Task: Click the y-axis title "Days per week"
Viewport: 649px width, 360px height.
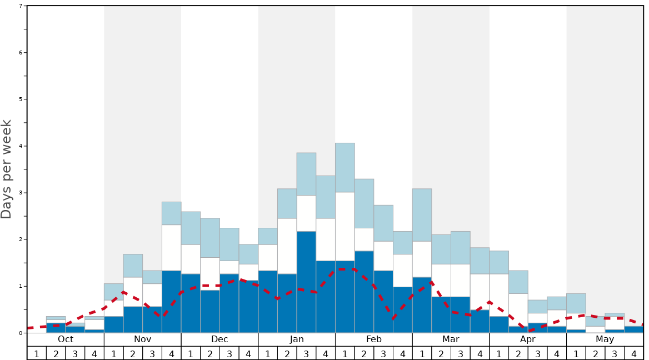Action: [x=7, y=169]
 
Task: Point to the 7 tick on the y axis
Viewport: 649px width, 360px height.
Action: [x=21, y=6]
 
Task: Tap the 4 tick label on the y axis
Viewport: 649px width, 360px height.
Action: [x=21, y=146]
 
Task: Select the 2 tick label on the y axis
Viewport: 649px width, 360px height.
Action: [x=21, y=239]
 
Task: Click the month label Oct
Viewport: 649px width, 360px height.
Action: [x=66, y=339]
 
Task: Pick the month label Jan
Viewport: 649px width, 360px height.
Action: [x=297, y=339]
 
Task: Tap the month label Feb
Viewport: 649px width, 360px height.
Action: [x=374, y=339]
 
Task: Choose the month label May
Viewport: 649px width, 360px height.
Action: [x=605, y=339]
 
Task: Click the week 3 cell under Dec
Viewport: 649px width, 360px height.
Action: [x=229, y=353]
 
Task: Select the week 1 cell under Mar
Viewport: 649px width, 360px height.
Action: [x=422, y=353]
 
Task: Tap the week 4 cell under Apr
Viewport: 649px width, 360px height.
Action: [x=557, y=353]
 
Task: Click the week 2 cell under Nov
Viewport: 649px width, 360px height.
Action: [x=133, y=353]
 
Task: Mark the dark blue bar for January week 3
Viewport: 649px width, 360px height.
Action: [x=306, y=282]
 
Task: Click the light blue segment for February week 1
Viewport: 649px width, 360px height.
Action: [x=345, y=167]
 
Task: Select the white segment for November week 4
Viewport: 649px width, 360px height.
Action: [x=172, y=248]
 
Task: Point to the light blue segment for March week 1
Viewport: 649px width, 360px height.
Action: [x=422, y=215]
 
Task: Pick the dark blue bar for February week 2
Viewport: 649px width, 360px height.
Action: [x=364, y=292]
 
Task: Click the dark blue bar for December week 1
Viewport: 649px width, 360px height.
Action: [x=191, y=303]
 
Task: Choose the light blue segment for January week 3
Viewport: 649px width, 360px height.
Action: [x=306, y=174]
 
